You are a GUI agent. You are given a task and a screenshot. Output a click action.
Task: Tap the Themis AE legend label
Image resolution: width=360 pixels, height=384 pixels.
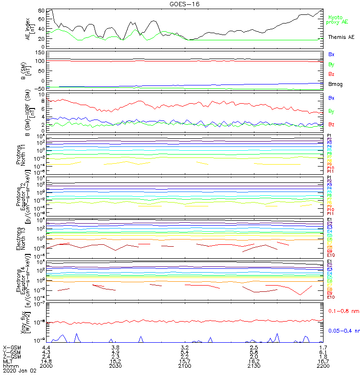[x=341, y=37]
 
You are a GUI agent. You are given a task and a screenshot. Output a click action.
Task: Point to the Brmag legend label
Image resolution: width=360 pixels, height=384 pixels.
[x=336, y=84]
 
